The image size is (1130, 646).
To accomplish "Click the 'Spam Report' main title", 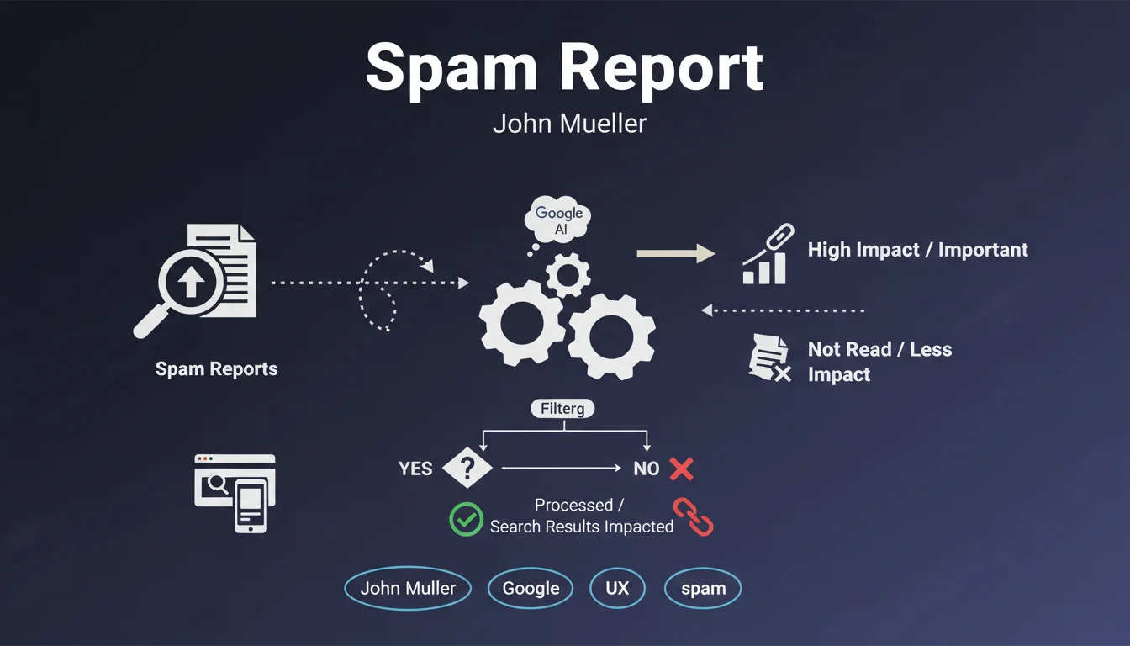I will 564,67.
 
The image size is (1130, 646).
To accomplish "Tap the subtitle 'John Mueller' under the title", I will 569,124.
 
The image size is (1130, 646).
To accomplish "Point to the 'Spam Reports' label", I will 216,368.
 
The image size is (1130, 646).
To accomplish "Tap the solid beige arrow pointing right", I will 675,253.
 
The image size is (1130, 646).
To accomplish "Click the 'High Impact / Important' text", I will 917,250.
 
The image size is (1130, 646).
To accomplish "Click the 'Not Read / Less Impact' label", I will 879,362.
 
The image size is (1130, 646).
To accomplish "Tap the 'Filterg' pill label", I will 562,410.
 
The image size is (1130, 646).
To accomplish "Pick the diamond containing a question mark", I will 467,467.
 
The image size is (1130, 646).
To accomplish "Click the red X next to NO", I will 681,469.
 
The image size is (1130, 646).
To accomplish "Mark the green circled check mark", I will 466,519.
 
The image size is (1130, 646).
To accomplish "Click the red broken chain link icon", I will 694,516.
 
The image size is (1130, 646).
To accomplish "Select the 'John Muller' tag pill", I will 408,588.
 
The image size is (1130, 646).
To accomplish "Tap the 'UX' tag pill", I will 617,588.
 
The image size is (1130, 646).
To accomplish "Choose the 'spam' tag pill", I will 703,589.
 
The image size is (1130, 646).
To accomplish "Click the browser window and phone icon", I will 235,492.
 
